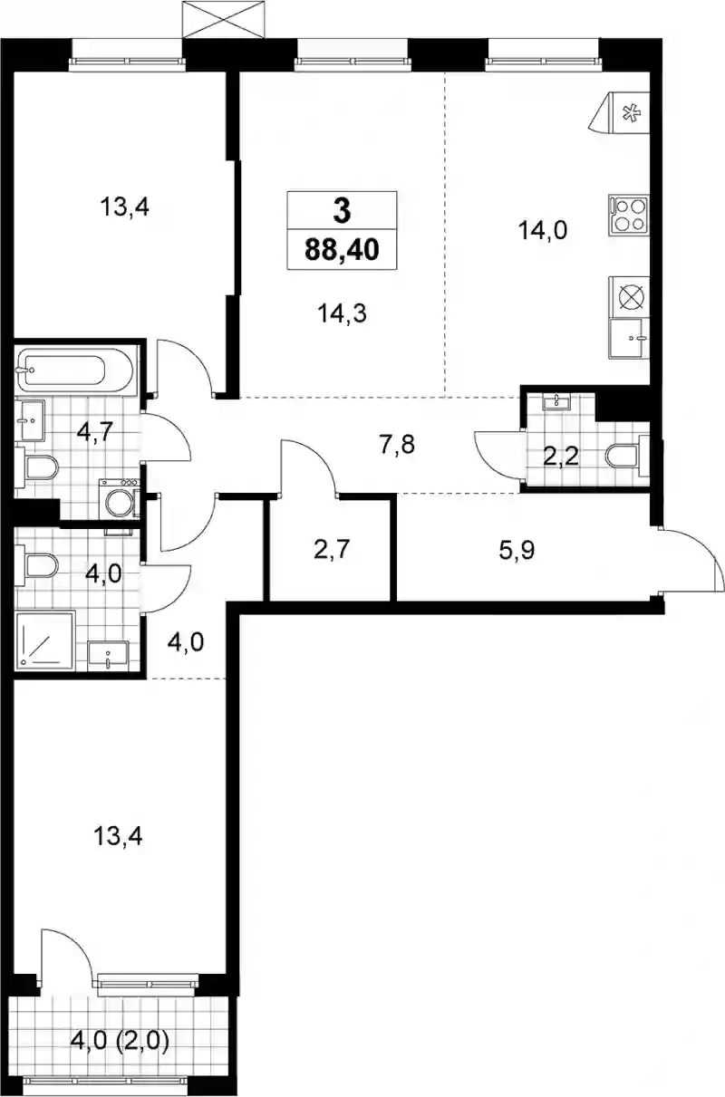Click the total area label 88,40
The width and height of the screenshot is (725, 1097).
pyautogui.click(x=342, y=250)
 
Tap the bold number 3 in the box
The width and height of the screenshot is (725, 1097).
pyautogui.click(x=342, y=211)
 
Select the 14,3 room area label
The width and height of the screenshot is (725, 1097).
pyautogui.click(x=342, y=313)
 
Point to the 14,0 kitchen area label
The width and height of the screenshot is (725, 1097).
pyautogui.click(x=543, y=230)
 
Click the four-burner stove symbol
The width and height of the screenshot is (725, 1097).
pyautogui.click(x=629, y=216)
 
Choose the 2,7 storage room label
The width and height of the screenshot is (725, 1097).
pyautogui.click(x=332, y=550)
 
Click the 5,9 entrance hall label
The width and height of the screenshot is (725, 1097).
pyautogui.click(x=517, y=550)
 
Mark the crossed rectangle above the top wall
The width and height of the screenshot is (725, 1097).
pyautogui.click(x=223, y=20)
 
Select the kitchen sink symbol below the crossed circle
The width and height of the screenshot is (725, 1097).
pyautogui.click(x=630, y=339)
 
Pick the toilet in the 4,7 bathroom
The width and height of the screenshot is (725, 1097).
pyautogui.click(x=36, y=468)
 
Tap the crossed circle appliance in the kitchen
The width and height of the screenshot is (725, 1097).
pyautogui.click(x=630, y=297)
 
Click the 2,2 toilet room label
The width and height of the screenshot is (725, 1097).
pyautogui.click(x=561, y=457)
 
